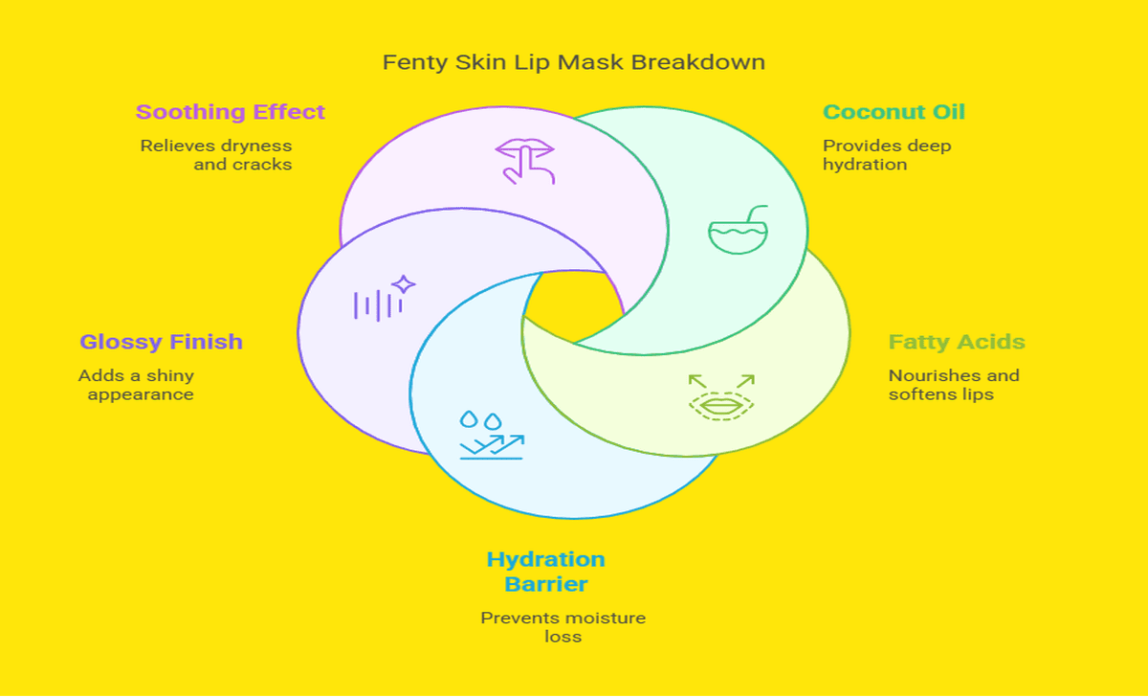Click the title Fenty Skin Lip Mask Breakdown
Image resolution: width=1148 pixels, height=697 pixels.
tap(573, 62)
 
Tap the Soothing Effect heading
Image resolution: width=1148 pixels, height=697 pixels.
tap(231, 112)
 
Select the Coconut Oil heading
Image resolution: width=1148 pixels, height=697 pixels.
tap(894, 112)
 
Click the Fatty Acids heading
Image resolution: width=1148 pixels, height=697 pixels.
tap(957, 342)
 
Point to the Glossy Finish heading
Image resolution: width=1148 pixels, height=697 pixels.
tap(161, 342)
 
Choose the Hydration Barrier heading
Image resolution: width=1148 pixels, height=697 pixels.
tap(546, 572)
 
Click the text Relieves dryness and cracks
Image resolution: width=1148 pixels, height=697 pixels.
tap(216, 155)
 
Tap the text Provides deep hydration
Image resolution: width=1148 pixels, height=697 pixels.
tap(887, 155)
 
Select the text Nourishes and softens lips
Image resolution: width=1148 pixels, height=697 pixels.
tap(954, 385)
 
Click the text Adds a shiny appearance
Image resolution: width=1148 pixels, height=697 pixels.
tap(136, 385)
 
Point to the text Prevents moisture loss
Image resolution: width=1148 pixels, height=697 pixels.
tap(563, 627)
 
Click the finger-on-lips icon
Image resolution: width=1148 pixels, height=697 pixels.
tap(525, 161)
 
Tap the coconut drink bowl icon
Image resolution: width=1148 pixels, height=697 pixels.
tap(738, 230)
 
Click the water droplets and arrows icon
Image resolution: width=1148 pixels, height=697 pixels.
tap(492, 435)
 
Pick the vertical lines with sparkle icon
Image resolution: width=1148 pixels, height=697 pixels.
tap(385, 299)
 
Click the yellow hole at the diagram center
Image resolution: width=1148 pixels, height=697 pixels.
tap(574, 306)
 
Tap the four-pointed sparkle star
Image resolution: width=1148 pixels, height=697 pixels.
tap(404, 284)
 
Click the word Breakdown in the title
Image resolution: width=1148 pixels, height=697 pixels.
tap(698, 62)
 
